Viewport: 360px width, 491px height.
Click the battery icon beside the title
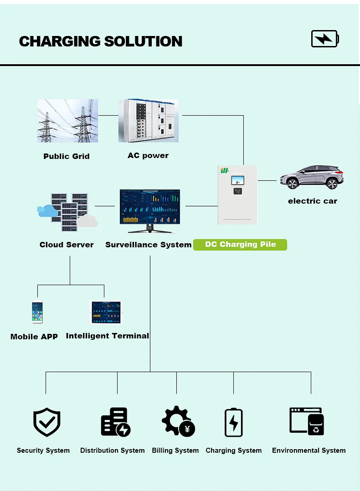pyautogui.click(x=325, y=39)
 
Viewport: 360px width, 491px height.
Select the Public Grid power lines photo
pyautogui.click(x=67, y=121)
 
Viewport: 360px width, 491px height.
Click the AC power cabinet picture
pyautogui.click(x=148, y=121)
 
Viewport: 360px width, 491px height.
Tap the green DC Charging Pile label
pyautogui.click(x=240, y=245)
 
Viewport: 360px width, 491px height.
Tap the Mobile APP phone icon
pyautogui.click(x=37, y=312)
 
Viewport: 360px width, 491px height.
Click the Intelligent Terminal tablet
pyautogui.click(x=106, y=312)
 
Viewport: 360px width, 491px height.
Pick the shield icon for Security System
pyautogui.click(x=46, y=422)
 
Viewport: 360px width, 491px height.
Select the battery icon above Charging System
pyautogui.click(x=233, y=422)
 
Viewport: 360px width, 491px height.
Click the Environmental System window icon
pyautogui.click(x=307, y=421)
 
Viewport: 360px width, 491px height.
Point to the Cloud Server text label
pyautogui.click(x=67, y=245)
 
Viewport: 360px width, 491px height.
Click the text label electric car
pyautogui.click(x=313, y=201)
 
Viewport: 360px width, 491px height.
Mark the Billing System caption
pyautogui.click(x=175, y=450)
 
